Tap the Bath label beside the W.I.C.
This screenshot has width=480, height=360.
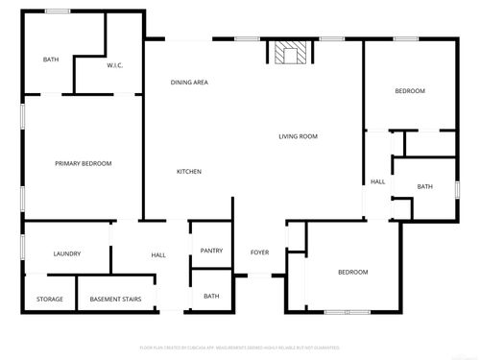[x=51, y=60]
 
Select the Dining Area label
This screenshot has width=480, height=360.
[x=190, y=83]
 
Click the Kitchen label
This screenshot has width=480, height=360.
[x=189, y=172]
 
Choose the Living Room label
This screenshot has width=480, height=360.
[x=299, y=136]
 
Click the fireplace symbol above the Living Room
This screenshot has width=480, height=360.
[x=286, y=54]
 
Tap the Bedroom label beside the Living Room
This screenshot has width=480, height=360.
[x=410, y=91]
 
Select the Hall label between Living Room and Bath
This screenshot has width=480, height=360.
[x=377, y=181]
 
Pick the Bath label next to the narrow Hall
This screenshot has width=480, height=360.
[x=424, y=187]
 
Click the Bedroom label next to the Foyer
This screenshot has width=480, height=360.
[x=352, y=273]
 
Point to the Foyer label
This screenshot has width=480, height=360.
[x=259, y=252]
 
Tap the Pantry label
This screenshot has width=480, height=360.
[x=211, y=252]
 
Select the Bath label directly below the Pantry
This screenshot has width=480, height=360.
[x=211, y=297]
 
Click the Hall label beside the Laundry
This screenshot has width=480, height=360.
[x=158, y=255]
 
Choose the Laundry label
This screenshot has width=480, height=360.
[x=67, y=254]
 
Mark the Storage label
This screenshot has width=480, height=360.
[x=50, y=300]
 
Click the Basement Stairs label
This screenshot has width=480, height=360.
[x=116, y=300]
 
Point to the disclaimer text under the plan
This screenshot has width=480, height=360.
[x=240, y=347]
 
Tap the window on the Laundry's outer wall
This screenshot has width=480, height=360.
[x=22, y=246]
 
